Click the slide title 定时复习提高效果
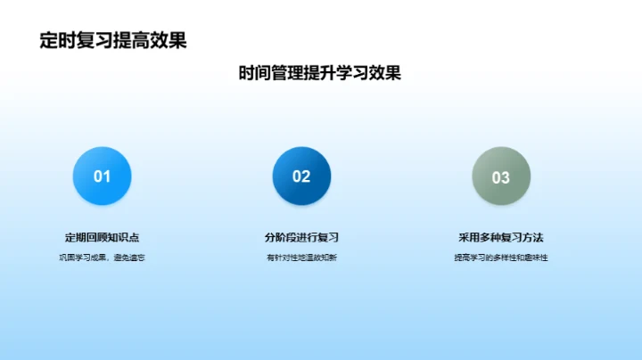113,41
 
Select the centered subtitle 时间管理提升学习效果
320,73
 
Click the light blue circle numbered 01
103,176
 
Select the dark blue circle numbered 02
301,176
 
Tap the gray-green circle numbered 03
501,176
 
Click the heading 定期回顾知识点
102,237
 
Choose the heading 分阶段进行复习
301,237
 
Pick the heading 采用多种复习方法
501,237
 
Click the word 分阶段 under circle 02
280,237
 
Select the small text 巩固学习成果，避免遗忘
102,258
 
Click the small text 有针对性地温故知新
301,258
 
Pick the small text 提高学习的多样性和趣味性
501,258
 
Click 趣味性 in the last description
535,258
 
